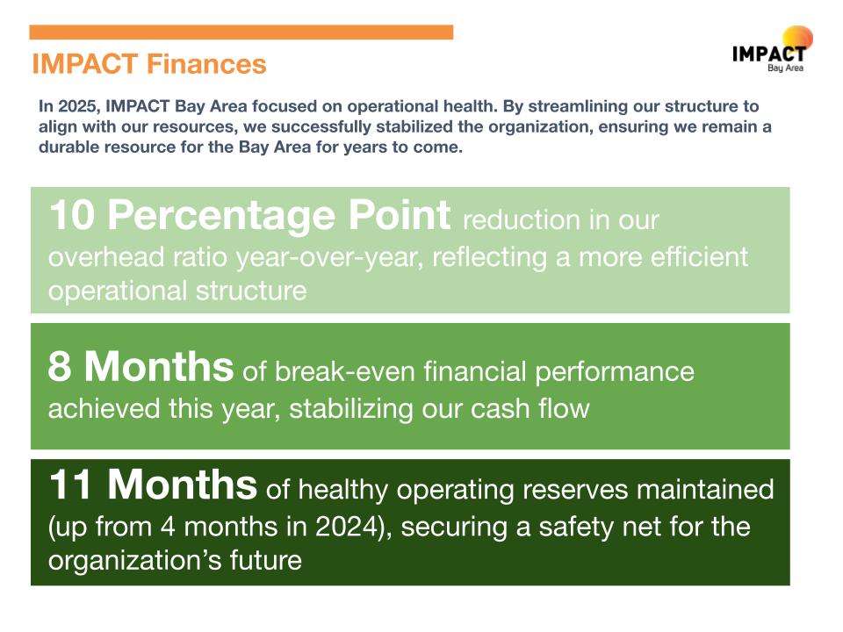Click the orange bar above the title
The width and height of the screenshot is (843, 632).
coord(241,32)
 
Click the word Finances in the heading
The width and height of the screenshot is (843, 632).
coord(206,64)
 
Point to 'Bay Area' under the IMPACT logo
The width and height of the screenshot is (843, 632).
coord(785,68)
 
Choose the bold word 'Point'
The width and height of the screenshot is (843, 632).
coord(399,215)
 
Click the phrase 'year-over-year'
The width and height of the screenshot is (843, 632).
coord(327,258)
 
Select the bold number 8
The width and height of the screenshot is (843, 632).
coord(60,367)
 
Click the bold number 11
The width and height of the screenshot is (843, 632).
coord(70,485)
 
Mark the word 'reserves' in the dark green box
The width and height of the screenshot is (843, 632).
coord(575,490)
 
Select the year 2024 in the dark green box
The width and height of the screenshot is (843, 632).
coord(348,526)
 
